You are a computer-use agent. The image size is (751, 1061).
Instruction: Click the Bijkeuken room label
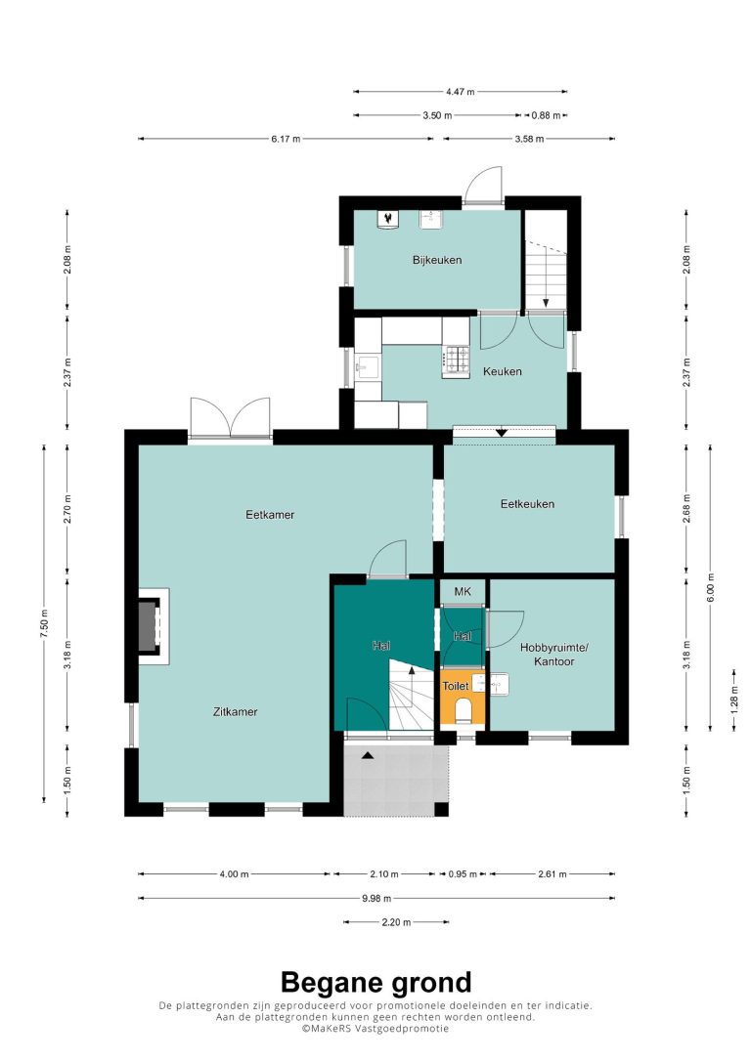(x=437, y=260)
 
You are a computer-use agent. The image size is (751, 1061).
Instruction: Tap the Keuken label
(x=502, y=371)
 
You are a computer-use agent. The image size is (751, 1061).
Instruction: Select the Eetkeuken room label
(x=527, y=504)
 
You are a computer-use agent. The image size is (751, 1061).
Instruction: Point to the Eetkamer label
(x=270, y=515)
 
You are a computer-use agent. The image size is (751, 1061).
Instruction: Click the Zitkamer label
(x=235, y=712)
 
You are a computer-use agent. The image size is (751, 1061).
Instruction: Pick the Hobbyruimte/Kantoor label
(x=553, y=655)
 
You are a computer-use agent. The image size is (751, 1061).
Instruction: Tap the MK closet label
(x=463, y=592)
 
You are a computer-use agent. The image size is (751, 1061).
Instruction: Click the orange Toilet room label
(x=455, y=686)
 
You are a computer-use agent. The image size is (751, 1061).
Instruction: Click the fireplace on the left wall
(x=151, y=626)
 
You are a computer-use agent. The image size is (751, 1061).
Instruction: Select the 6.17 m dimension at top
(x=286, y=139)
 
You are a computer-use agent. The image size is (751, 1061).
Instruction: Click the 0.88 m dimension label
(x=546, y=115)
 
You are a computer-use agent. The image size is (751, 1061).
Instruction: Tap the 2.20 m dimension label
(x=397, y=922)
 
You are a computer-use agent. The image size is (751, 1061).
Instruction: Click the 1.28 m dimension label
(x=734, y=700)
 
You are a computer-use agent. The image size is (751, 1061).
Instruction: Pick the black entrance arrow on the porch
(x=367, y=755)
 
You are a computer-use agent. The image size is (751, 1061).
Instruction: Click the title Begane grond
(x=375, y=982)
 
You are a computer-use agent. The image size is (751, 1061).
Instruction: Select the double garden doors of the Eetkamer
(x=230, y=419)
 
